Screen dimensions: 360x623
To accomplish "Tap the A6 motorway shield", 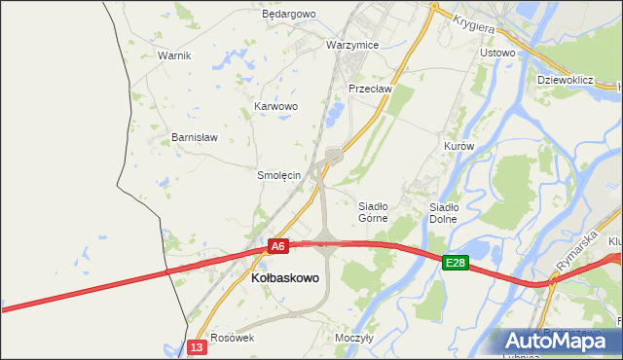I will click(278, 247).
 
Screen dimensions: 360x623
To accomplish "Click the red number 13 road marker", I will click(198, 346).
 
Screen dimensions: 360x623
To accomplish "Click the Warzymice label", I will click(352, 46).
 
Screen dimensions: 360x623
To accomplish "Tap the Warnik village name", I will click(174, 55).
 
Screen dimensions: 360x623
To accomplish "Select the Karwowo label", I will click(275, 106).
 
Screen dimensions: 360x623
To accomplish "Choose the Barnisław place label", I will click(194, 137).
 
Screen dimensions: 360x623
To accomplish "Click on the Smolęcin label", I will click(278, 176).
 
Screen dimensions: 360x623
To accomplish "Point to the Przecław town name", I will click(370, 89).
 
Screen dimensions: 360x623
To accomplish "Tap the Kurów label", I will click(458, 146).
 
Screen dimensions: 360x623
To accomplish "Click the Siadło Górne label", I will click(374, 212).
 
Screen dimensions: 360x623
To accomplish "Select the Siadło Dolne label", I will click(444, 212).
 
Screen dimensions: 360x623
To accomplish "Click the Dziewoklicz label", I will click(566, 80).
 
